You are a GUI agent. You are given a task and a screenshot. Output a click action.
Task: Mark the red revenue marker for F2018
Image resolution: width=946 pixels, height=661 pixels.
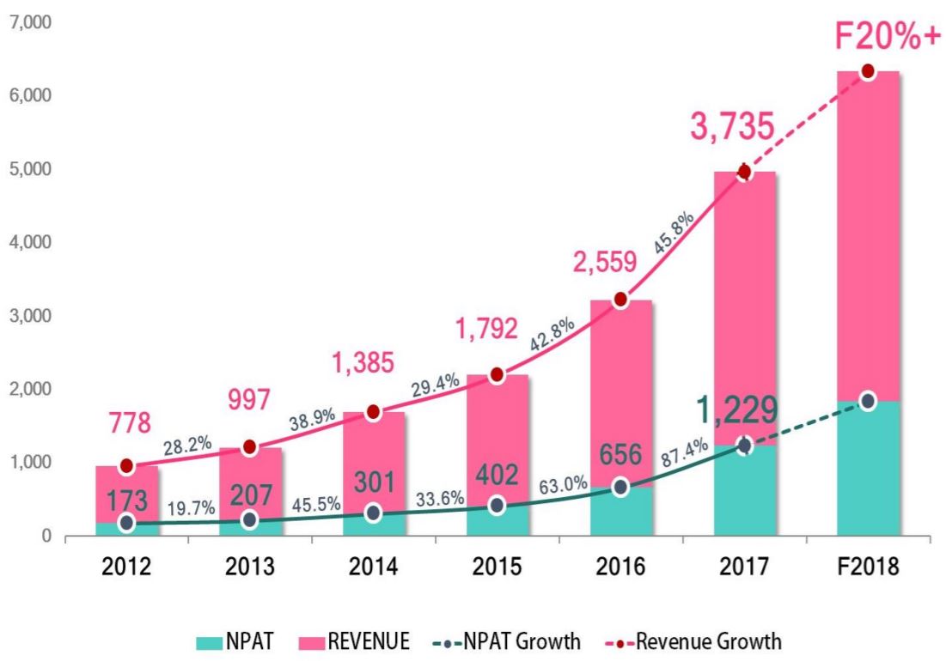[867, 71]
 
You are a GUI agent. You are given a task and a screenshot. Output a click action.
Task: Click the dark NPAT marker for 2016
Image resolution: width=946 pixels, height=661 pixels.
[619, 488]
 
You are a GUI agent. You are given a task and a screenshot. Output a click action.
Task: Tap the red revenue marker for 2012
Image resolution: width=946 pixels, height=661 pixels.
[126, 466]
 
